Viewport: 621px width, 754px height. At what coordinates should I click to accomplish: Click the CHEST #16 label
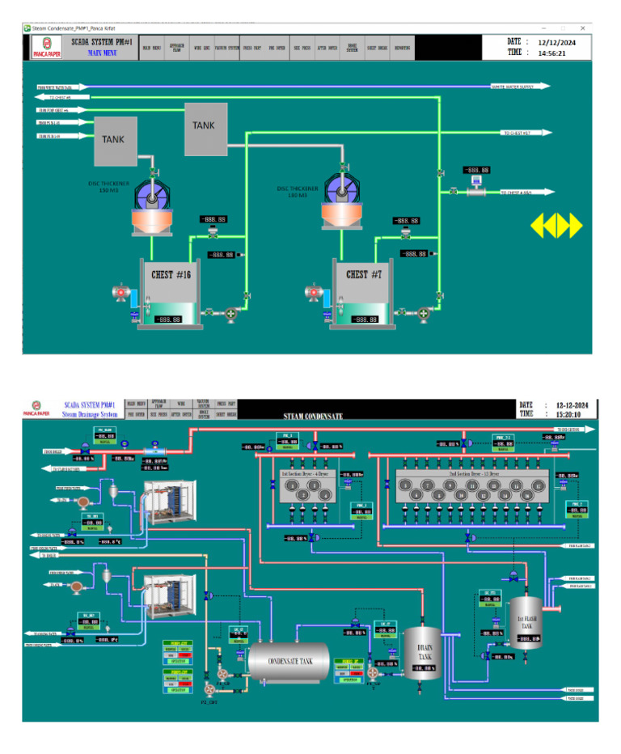(170, 273)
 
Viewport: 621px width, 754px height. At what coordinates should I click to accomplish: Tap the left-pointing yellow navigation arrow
(539, 226)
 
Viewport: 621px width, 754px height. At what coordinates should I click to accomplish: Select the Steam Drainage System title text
(90, 414)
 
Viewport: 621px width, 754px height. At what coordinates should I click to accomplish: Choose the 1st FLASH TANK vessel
(526, 619)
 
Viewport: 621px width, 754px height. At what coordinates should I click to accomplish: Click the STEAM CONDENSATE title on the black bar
(312, 416)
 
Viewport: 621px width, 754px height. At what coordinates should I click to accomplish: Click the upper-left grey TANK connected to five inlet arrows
(114, 138)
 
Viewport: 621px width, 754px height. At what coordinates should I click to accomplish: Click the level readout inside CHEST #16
(167, 320)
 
